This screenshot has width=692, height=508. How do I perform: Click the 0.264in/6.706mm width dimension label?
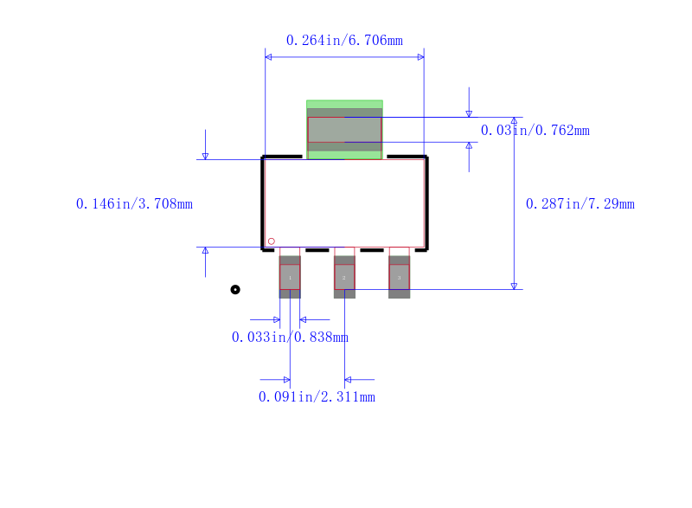click(x=344, y=40)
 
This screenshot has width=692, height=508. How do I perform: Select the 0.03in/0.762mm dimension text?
click(x=535, y=131)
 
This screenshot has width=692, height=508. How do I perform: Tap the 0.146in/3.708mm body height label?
click(x=134, y=204)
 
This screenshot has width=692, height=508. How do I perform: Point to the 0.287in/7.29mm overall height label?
click(x=580, y=204)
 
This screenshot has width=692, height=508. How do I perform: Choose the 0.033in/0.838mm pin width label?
click(x=290, y=337)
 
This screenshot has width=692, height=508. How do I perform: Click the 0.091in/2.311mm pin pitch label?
click(x=317, y=396)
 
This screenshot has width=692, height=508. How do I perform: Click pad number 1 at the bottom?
click(x=290, y=277)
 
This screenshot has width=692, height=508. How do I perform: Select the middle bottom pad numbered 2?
click(x=344, y=277)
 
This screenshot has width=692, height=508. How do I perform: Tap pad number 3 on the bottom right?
click(x=399, y=277)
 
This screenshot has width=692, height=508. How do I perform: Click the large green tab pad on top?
click(x=344, y=130)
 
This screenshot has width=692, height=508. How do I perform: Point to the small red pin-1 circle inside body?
click(x=271, y=241)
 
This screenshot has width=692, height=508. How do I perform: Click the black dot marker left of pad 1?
click(x=235, y=289)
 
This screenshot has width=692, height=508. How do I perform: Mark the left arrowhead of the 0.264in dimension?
click(x=268, y=57)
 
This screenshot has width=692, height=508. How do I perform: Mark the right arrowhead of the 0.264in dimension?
click(x=420, y=57)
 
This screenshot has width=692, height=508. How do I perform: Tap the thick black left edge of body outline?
click(x=263, y=203)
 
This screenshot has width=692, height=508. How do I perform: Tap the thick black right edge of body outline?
click(x=426, y=203)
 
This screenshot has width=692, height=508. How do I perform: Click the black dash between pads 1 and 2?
click(x=317, y=249)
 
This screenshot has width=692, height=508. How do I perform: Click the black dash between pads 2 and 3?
click(x=371, y=249)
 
